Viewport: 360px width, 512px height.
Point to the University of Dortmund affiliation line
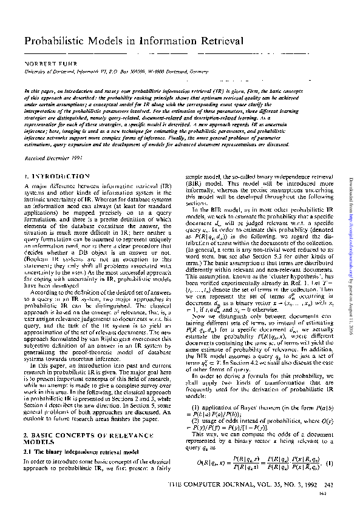(x=109, y=71)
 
